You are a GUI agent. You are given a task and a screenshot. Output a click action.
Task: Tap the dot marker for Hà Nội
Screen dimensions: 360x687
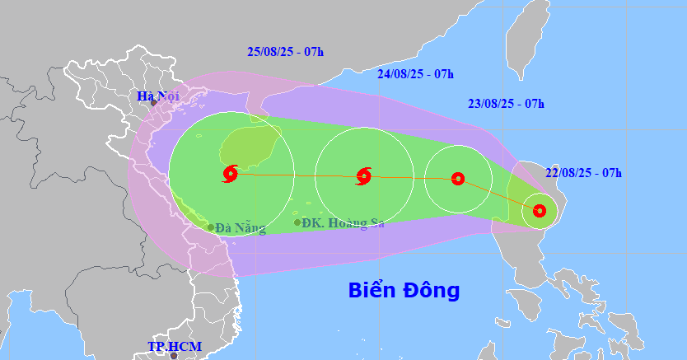153,103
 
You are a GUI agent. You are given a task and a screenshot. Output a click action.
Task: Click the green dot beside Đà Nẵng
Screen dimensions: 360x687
211,227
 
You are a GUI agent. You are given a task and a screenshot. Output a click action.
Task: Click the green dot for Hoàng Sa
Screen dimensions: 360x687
297,222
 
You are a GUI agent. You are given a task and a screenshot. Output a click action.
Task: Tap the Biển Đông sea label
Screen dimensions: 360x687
404,290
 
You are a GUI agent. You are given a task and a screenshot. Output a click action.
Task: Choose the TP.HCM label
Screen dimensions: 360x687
175,346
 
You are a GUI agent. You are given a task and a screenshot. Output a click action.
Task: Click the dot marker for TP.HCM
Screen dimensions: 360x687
173,356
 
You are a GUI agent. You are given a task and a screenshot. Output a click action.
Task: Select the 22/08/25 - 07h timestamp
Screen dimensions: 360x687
583,172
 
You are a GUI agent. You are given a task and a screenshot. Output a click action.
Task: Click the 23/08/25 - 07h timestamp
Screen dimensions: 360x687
506,103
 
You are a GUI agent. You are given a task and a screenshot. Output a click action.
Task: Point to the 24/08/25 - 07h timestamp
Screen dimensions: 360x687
415,73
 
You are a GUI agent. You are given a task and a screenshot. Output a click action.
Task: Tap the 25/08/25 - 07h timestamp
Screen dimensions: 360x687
285,52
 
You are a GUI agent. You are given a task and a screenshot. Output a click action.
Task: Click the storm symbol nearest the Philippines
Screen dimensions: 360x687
539,211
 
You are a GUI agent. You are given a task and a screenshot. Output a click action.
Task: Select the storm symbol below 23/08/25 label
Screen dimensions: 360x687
458,178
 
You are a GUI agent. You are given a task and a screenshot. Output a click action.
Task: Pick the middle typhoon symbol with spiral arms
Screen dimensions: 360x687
363,175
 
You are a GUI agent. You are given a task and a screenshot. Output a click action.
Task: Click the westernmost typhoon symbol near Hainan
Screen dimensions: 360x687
230,174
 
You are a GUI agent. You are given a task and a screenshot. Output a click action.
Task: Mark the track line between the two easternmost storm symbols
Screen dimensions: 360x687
498,194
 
